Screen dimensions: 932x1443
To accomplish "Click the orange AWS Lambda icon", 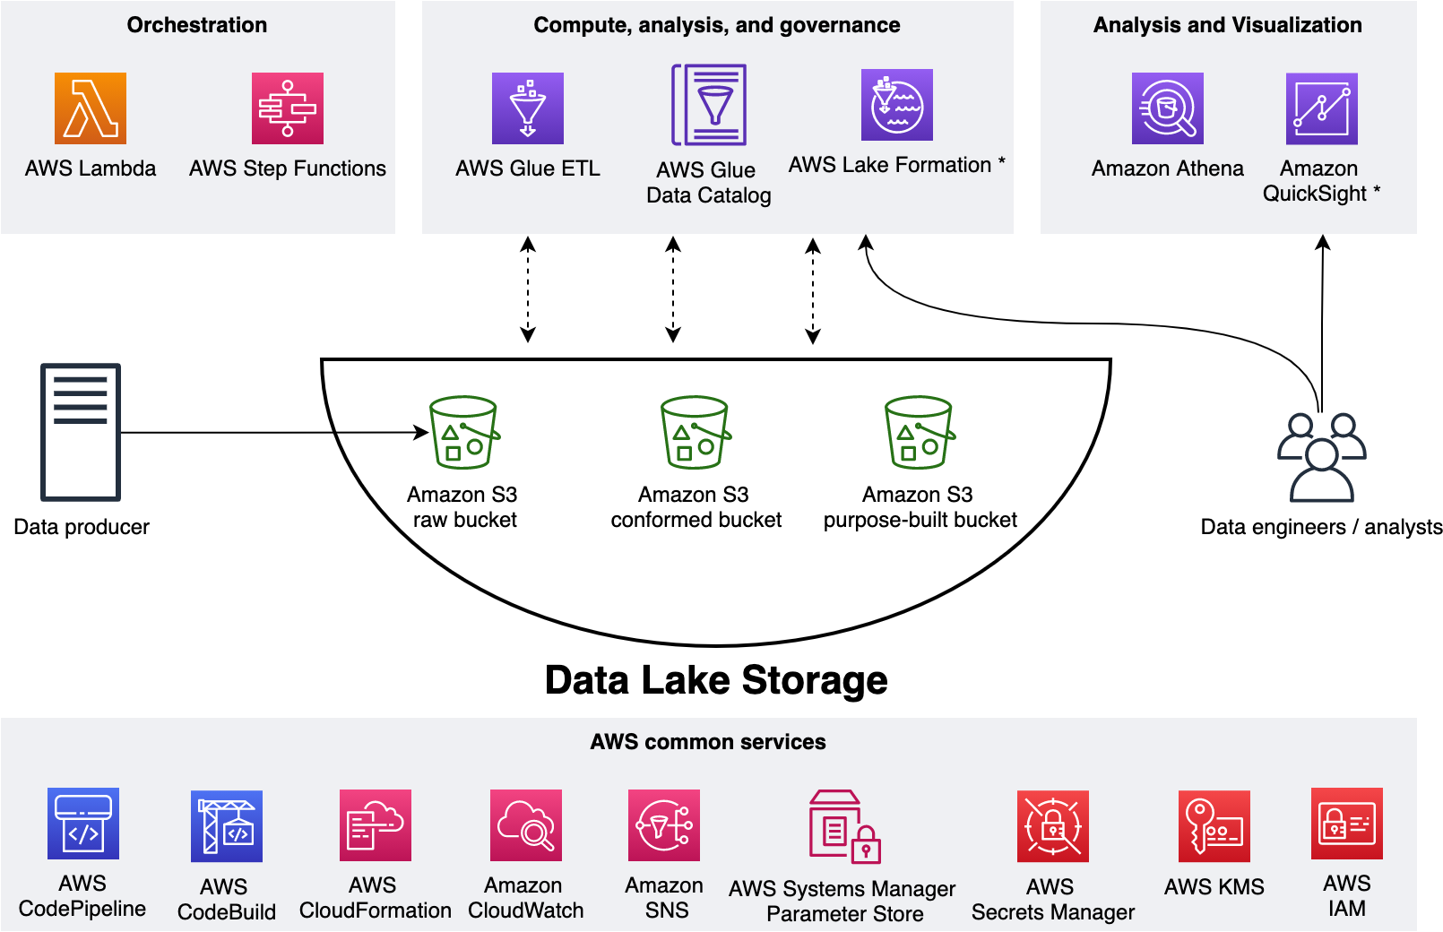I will tap(91, 108).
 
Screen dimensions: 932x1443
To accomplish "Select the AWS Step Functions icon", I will tap(288, 108).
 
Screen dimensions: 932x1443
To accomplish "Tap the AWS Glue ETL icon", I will tap(528, 108).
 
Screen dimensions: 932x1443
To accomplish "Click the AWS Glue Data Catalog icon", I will tap(709, 105).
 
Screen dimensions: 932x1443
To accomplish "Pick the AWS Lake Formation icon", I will tap(897, 105).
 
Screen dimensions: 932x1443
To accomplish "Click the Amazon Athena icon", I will tap(1168, 108).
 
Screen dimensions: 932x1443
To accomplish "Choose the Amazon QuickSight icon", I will tap(1322, 108).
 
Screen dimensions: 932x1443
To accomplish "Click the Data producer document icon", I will tap(81, 432).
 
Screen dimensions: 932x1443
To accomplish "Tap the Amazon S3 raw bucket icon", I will tap(464, 433).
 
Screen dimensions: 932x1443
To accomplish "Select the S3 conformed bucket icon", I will tap(696, 433).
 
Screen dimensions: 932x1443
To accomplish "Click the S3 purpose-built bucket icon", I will tap(920, 433).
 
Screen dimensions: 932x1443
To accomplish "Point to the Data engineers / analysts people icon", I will tap(1322, 457).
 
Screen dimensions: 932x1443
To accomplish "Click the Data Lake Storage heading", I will tap(716, 680).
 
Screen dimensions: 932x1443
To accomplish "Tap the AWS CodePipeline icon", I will tap(83, 824).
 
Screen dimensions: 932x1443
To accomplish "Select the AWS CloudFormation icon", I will tap(376, 825).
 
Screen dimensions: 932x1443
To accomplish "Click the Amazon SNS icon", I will tap(664, 825).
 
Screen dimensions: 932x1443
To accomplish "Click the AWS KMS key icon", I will tap(1214, 826).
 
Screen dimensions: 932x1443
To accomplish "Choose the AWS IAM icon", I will tap(1347, 824).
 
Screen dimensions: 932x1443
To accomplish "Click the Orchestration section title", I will tap(197, 25).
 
